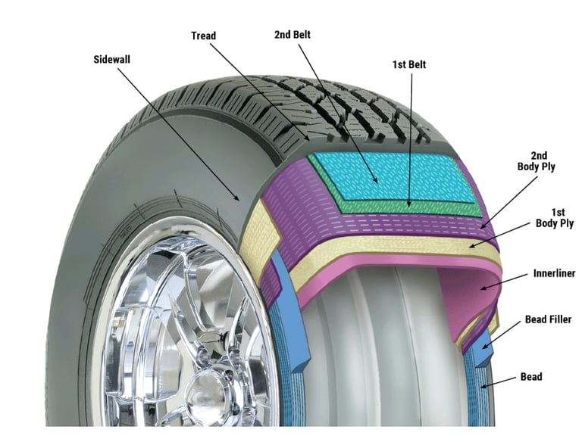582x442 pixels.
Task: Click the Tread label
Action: click(203, 36)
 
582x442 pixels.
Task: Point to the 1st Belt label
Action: click(408, 65)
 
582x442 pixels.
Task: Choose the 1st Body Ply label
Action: click(555, 218)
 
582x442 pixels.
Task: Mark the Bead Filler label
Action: click(548, 320)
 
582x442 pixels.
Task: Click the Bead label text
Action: click(531, 377)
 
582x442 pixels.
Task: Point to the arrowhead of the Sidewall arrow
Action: click(242, 201)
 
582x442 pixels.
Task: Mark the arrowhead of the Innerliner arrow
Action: click(480, 288)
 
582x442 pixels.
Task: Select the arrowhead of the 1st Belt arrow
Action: click(410, 204)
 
